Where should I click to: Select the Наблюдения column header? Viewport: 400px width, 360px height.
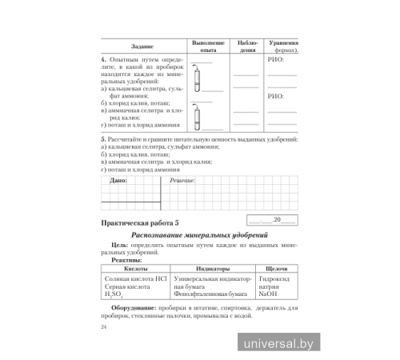click(246, 45)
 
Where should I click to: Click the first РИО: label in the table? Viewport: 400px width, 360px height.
click(274, 60)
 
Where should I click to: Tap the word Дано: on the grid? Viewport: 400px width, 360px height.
click(117, 182)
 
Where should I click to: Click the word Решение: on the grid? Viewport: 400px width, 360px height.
click(185, 182)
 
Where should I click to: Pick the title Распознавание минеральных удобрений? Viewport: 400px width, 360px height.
click(200, 235)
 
